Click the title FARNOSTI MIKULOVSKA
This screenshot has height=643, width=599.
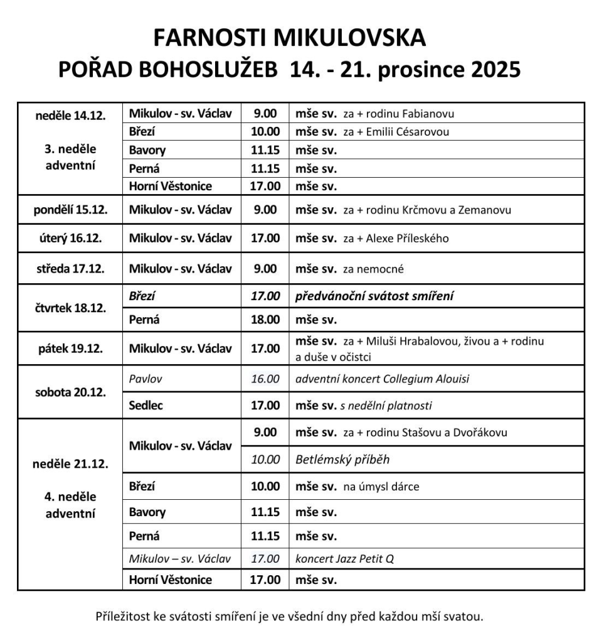pos(289,38)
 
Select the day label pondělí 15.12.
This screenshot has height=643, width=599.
pos(70,210)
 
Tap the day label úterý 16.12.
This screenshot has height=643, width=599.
pos(70,239)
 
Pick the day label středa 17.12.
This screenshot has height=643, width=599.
pos(70,269)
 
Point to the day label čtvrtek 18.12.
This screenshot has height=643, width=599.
pos(70,308)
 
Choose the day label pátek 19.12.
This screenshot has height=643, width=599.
pos(70,349)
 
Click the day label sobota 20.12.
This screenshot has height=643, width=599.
pos(70,392)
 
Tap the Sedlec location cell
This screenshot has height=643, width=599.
pos(146,406)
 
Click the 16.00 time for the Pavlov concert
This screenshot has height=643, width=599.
pos(265,379)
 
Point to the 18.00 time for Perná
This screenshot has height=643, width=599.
pos(265,320)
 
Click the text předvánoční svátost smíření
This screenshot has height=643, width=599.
pos(374,296)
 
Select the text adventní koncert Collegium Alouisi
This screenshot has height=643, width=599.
pos(382,379)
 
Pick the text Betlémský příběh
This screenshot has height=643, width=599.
pos(342,460)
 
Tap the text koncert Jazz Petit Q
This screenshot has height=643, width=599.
pos(344,559)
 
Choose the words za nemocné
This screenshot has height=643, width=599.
pos(373,269)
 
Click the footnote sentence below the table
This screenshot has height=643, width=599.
pos(289,615)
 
